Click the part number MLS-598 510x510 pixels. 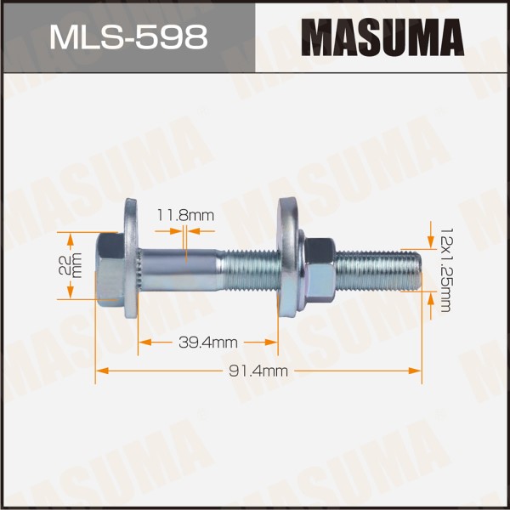[128, 37]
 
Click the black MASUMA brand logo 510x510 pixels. [382, 37]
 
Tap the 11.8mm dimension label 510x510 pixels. [185, 215]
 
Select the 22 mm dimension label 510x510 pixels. [71, 265]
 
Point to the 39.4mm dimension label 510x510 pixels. [208, 343]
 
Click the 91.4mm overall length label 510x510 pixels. [258, 371]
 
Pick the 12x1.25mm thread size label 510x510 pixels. [445, 270]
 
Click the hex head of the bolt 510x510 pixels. [110, 270]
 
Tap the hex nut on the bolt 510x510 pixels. [320, 270]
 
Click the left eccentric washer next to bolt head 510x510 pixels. [131, 258]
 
